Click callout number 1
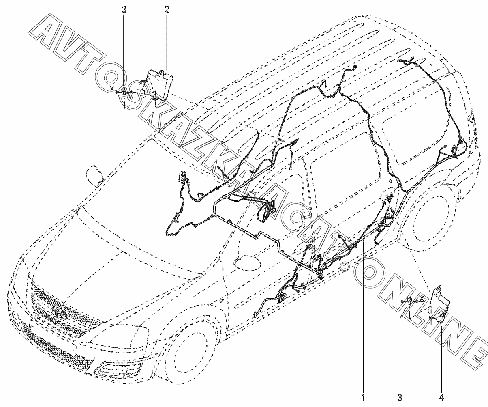point(363,396)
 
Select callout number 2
point(167,9)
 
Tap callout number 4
point(441,396)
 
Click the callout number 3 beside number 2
point(124,9)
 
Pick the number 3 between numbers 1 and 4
point(400,396)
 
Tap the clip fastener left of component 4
point(410,301)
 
